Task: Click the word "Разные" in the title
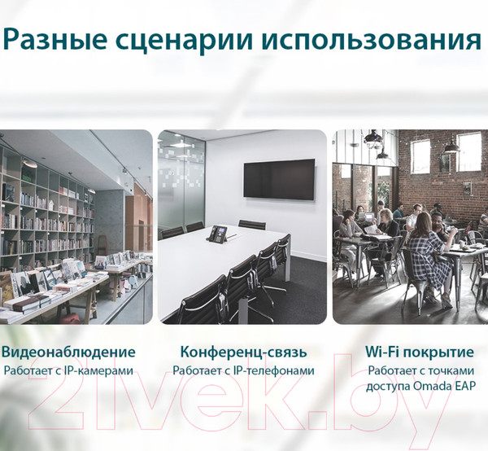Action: [x=56, y=40]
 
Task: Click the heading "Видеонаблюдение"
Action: [x=68, y=352]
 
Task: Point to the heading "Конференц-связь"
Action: [x=243, y=352]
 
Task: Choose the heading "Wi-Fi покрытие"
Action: [x=420, y=352]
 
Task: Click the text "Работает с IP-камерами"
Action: [x=68, y=371]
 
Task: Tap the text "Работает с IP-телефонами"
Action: [x=243, y=371]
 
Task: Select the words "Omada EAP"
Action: [x=446, y=387]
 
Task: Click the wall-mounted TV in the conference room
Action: [x=278, y=179]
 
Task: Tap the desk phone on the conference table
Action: [x=218, y=234]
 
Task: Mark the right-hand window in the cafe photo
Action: [x=469, y=152]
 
